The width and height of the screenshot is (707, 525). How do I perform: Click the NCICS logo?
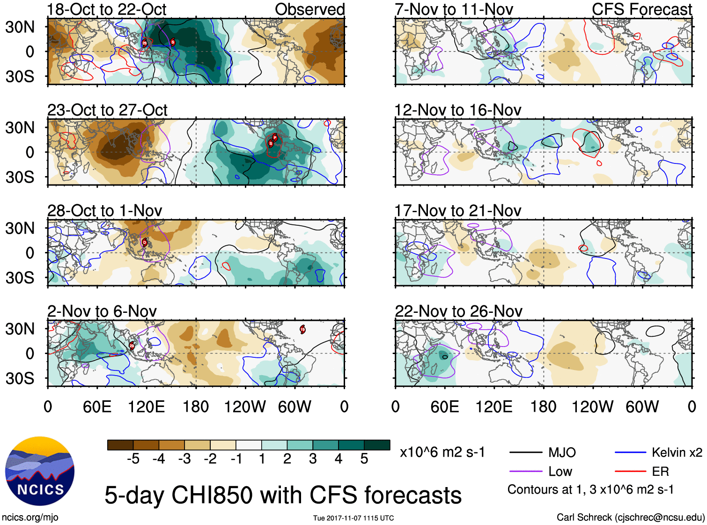tap(40, 471)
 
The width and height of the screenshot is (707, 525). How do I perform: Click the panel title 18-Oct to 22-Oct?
tap(107, 9)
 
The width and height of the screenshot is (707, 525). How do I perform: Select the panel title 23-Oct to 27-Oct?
tap(107, 110)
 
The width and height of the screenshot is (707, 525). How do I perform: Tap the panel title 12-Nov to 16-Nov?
tap(457, 110)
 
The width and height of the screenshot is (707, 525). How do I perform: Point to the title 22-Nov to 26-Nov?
tap(458, 311)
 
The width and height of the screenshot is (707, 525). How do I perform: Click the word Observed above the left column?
tap(309, 9)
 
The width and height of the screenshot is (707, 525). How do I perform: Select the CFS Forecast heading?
tap(641, 9)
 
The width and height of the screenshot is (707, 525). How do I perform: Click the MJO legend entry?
tap(562, 452)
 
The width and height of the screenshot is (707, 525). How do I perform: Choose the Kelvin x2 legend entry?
tap(677, 452)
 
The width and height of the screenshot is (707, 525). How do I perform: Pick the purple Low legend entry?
tap(560, 472)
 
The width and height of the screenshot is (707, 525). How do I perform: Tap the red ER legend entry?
tap(660, 472)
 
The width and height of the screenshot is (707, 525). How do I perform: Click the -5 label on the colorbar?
tap(133, 459)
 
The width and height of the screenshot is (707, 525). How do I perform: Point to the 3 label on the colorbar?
tap(313, 459)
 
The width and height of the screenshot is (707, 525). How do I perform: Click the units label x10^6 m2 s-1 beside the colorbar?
tap(442, 452)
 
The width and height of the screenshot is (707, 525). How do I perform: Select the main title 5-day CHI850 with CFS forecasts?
tap(283, 495)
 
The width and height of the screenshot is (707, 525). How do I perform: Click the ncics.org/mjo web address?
tap(30, 518)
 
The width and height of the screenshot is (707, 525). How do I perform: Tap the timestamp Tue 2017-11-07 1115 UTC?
tap(353, 518)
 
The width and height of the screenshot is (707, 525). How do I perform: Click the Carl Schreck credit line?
tap(630, 518)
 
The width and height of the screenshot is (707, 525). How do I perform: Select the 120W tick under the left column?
tap(245, 407)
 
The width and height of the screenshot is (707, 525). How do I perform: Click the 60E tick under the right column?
tap(444, 407)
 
